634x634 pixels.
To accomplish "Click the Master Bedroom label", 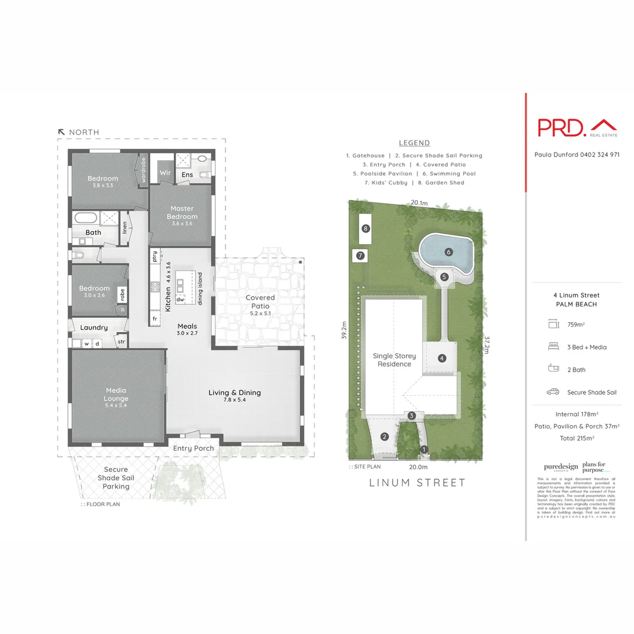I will point(182,212).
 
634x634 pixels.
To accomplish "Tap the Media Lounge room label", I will point(116,394).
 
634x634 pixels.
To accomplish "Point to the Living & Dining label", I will point(235,392).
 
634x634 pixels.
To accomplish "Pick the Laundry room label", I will point(94,328).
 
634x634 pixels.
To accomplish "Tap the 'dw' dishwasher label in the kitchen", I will point(181,299).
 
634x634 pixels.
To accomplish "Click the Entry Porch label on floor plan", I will point(193,448).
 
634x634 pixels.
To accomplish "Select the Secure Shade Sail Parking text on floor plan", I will point(116,478).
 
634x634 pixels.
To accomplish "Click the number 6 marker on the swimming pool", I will point(449,252).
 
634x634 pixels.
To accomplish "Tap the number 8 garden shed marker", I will point(366,228).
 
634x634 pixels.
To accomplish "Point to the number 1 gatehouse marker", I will point(424,449).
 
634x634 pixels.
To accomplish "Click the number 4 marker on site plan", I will point(441,358).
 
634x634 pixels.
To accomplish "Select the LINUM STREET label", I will point(417,483).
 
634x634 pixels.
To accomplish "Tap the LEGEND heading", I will point(414,143).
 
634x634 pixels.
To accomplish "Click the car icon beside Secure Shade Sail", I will point(552,392).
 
